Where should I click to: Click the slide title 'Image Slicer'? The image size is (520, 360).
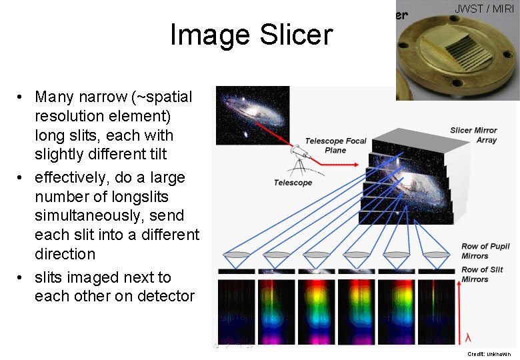pyautogui.click(x=251, y=35)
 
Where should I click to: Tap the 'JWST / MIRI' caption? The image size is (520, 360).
pyautogui.click(x=484, y=9)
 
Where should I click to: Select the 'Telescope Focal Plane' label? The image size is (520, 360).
pyautogui.click(x=336, y=145)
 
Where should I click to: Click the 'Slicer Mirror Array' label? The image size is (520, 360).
pyautogui.click(x=474, y=135)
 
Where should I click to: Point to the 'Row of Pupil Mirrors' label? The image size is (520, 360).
pyautogui.click(x=485, y=251)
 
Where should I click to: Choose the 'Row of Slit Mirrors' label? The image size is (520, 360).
pyautogui.click(x=482, y=274)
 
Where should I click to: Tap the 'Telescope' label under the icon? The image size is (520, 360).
pyautogui.click(x=293, y=183)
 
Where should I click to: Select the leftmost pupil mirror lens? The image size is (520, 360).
pyautogui.click(x=237, y=256)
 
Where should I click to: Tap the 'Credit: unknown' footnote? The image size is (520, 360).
pyautogui.click(x=488, y=354)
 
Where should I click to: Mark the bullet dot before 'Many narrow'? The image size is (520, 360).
pyautogui.click(x=22, y=97)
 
